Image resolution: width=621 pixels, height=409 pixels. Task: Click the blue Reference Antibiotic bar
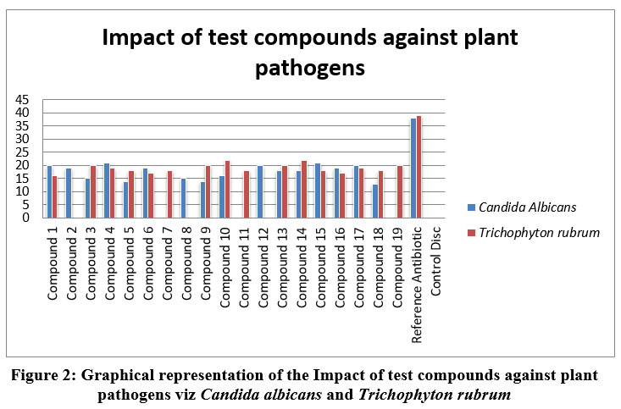click(413, 168)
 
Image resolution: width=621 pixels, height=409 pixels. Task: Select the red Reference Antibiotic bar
click(419, 167)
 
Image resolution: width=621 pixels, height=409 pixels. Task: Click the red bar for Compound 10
click(227, 189)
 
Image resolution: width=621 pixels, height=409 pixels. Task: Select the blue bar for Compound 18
click(375, 201)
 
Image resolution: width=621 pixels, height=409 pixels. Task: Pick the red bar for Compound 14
click(304, 189)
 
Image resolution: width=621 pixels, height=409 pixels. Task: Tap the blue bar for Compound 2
click(69, 193)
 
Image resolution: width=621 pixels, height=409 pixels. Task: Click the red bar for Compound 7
click(169, 194)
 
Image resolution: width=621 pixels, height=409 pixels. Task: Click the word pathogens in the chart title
click(310, 68)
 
